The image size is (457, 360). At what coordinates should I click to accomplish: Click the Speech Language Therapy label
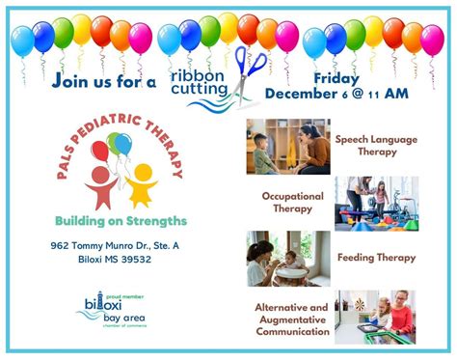(376, 146)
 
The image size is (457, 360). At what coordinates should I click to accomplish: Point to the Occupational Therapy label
(292, 202)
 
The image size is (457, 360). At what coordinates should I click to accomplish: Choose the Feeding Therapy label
(376, 258)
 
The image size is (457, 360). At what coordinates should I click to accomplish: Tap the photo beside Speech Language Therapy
(287, 146)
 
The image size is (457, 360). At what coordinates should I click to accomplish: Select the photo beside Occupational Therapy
(376, 203)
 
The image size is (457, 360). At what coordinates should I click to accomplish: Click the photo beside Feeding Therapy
(287, 258)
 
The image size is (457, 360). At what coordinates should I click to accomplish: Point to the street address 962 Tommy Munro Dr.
(115, 245)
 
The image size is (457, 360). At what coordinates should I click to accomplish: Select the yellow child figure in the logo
(141, 184)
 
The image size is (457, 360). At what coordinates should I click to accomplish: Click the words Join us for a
(105, 82)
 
